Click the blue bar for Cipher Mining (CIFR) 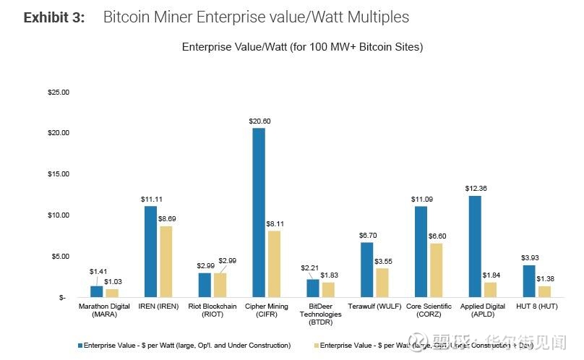[x=259, y=213]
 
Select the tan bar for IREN [x=166, y=262]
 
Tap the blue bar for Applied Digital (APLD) [x=475, y=247]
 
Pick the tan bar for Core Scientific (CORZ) [x=437, y=270]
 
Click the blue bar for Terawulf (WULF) [x=366, y=270]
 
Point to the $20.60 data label [x=258, y=121]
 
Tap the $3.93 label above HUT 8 [x=529, y=258]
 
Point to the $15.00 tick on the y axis [x=59, y=174]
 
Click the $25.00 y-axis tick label [x=59, y=93]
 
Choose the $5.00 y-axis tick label [x=60, y=256]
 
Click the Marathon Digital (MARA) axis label [x=104, y=311]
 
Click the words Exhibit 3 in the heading [x=54, y=17]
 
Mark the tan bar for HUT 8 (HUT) [x=546, y=291]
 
